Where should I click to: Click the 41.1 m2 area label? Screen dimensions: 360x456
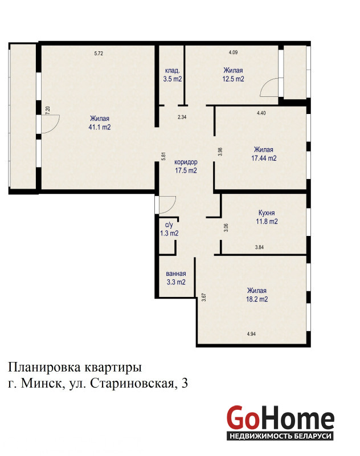(x=100, y=123)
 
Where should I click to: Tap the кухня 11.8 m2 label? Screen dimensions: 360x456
(x=267, y=217)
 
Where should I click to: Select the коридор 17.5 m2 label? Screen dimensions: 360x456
(x=186, y=166)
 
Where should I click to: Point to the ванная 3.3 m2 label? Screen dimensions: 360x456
(x=176, y=278)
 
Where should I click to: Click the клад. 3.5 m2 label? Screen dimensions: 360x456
(x=173, y=75)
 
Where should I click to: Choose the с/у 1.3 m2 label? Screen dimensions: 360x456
(x=169, y=229)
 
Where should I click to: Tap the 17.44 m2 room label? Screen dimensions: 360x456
(x=264, y=154)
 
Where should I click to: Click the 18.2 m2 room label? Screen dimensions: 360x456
(x=257, y=295)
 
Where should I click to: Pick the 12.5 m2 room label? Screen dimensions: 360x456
(x=234, y=75)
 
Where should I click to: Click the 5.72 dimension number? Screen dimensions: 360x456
(x=99, y=54)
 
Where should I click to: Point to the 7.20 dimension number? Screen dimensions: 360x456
(x=48, y=111)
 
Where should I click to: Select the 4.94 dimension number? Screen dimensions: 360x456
(x=251, y=334)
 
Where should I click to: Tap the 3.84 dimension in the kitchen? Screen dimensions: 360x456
(x=260, y=247)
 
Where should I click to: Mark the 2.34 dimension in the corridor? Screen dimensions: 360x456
(x=182, y=117)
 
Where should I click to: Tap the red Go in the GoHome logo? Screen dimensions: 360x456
(x=243, y=418)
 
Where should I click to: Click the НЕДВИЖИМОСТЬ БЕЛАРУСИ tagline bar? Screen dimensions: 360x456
(x=280, y=436)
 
